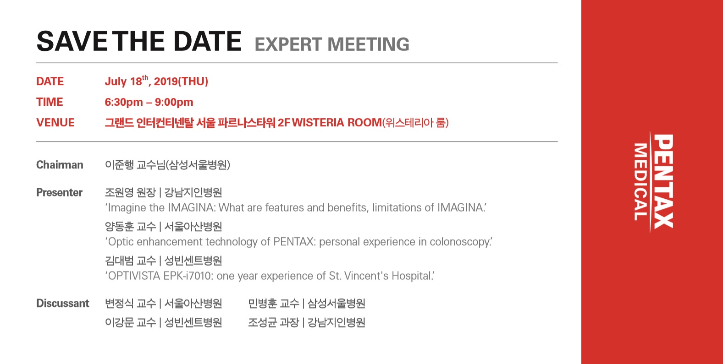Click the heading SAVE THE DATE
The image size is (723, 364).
tap(139, 41)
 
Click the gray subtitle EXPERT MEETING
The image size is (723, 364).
tap(332, 44)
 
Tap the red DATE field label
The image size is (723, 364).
tap(50, 81)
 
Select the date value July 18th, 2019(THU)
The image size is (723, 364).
tap(156, 81)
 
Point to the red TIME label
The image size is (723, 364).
tap(50, 102)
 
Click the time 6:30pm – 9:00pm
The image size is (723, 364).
tap(149, 102)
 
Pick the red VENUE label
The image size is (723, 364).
tap(55, 123)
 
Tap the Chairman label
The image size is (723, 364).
tap(60, 165)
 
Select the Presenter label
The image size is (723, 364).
tap(60, 192)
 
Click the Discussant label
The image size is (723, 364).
tap(63, 304)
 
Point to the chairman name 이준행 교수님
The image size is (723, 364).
tap(135, 165)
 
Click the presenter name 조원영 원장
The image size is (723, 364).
tap(130, 192)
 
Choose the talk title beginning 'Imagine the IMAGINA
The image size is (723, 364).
tap(296, 207)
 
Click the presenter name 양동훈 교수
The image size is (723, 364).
tap(130, 227)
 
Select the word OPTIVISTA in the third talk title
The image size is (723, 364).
tap(134, 276)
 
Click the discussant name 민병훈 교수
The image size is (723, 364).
tap(274, 304)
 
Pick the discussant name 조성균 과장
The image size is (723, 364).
tap(274, 322)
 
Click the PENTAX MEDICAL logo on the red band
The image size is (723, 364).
tap(653, 181)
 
